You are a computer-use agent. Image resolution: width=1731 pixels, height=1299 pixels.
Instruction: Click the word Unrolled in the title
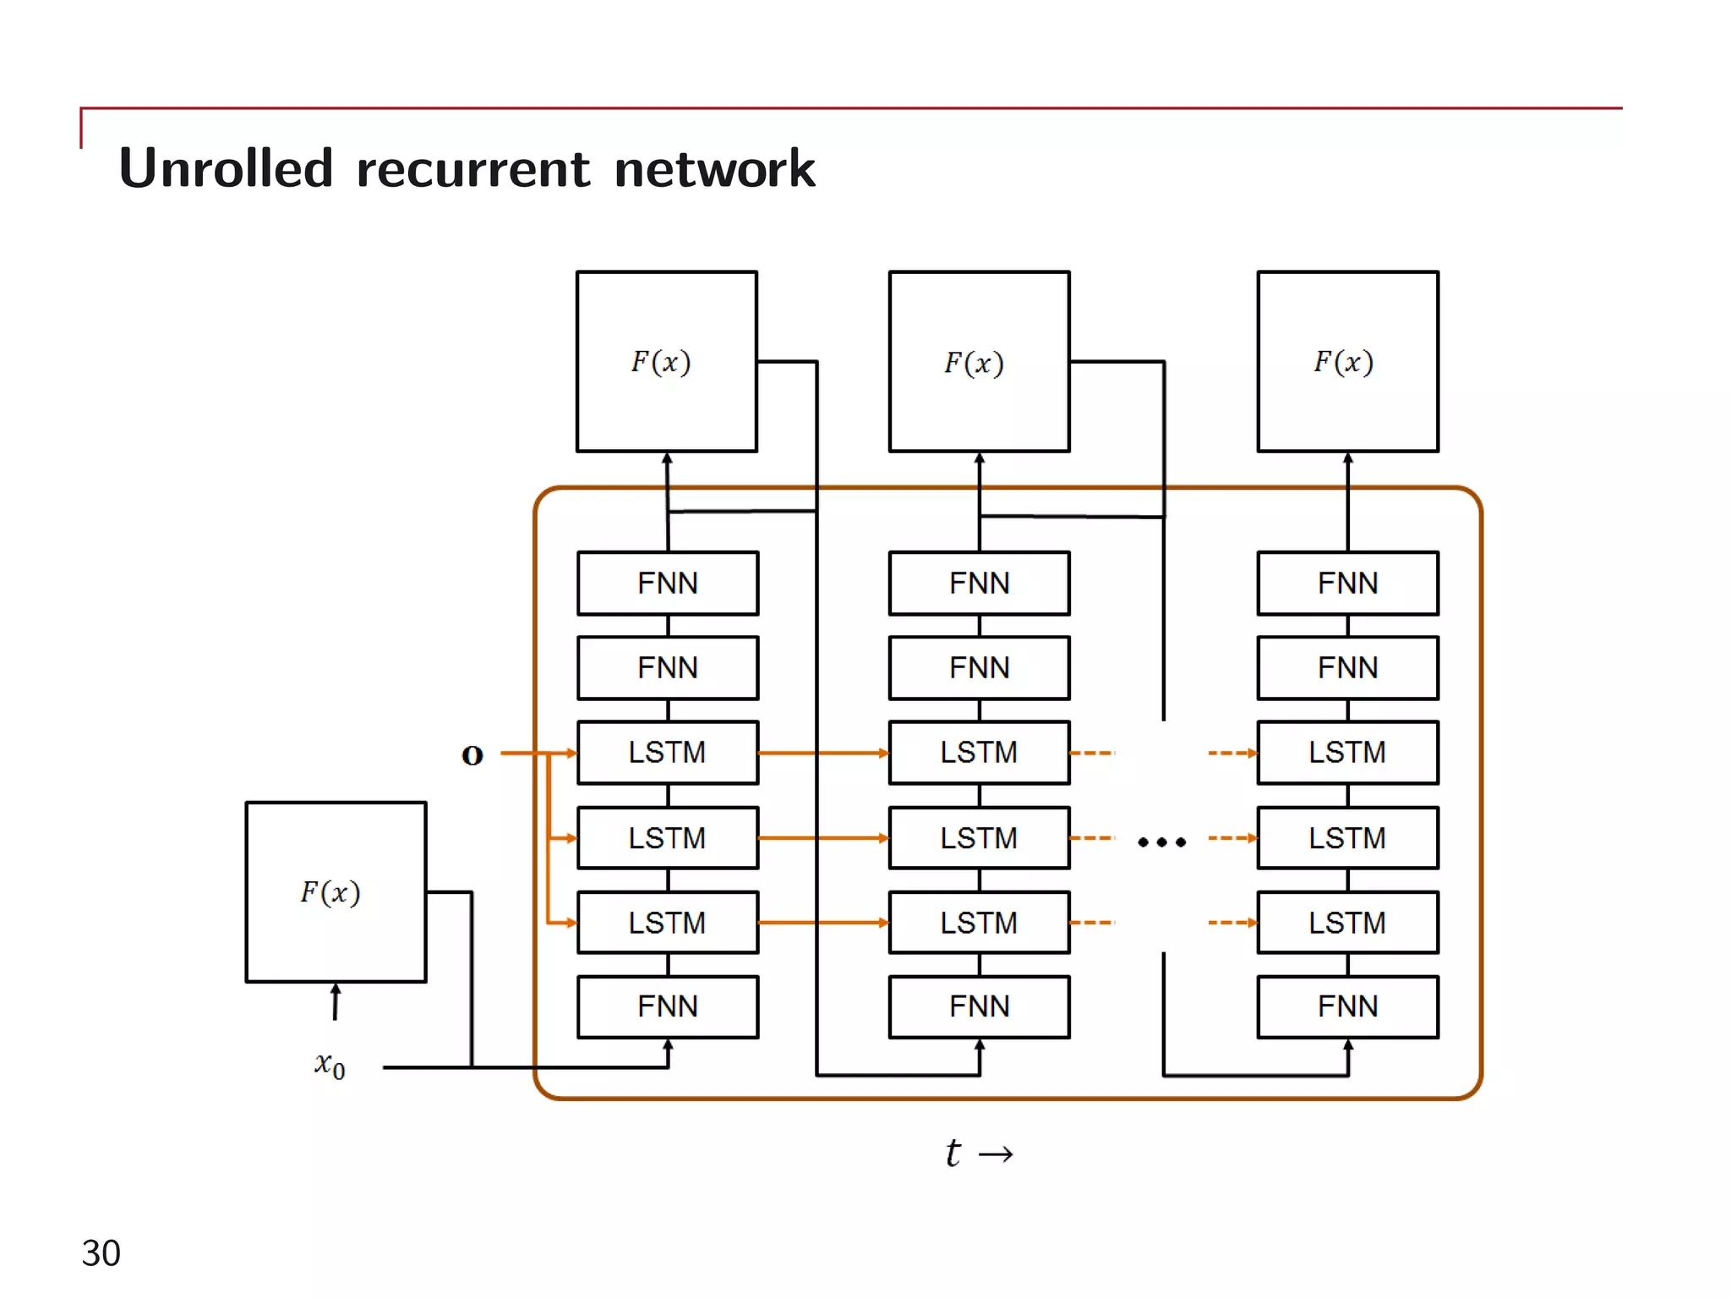pyautogui.click(x=226, y=168)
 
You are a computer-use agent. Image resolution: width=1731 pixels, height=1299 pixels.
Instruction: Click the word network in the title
pyautogui.click(x=714, y=168)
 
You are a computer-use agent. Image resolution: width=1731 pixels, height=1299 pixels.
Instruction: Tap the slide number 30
pyautogui.click(x=101, y=1252)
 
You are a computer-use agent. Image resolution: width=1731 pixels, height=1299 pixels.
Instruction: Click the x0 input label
pyautogui.click(x=330, y=1065)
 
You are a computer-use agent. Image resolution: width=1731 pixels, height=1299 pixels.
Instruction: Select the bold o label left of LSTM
pyautogui.click(x=472, y=754)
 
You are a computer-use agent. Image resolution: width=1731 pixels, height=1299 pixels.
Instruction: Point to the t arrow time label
pyautogui.click(x=978, y=1154)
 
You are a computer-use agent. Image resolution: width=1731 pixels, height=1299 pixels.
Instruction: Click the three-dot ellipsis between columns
pyautogui.click(x=1161, y=841)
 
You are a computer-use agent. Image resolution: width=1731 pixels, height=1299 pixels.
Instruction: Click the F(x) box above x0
pyautogui.click(x=336, y=892)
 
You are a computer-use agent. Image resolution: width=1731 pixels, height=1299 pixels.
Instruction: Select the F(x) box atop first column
pyautogui.click(x=666, y=362)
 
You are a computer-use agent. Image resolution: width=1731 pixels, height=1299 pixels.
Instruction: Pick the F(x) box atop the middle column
pyautogui.click(x=979, y=362)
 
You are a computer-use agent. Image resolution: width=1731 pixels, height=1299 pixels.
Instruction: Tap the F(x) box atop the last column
pyautogui.click(x=1347, y=362)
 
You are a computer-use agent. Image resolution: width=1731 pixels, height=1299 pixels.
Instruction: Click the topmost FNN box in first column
pyautogui.click(x=667, y=584)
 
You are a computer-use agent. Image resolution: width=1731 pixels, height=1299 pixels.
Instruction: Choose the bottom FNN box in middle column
pyautogui.click(x=979, y=1006)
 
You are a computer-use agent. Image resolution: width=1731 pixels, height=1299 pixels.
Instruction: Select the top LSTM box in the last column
pyautogui.click(x=1347, y=753)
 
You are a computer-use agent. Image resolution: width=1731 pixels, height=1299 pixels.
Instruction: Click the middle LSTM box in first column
pyautogui.click(x=667, y=838)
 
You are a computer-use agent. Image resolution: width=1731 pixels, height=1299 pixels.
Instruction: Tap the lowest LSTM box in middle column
pyautogui.click(x=979, y=923)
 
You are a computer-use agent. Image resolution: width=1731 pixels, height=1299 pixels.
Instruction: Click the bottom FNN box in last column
pyautogui.click(x=1347, y=1006)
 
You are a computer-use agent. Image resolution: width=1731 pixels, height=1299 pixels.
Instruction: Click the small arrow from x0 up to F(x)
pyautogui.click(x=336, y=1001)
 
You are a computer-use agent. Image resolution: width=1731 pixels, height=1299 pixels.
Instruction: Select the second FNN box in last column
pyautogui.click(x=1347, y=668)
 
